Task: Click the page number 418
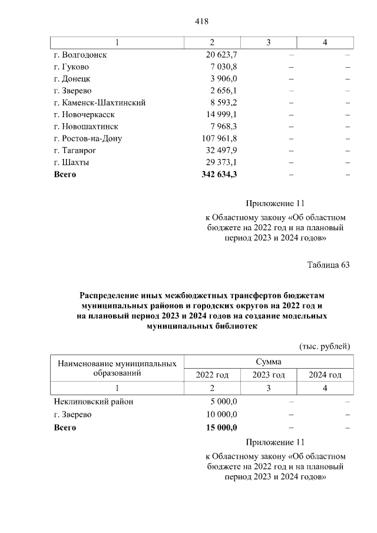202,22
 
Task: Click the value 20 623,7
219,54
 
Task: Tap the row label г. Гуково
71,67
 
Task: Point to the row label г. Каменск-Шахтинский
100,102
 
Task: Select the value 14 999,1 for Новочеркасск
219,114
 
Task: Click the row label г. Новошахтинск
86,126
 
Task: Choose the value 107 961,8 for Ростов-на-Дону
217,138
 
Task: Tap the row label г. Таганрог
74,150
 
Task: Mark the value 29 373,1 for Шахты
219,162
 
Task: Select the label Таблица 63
328,264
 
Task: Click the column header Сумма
268,362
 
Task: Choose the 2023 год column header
269,375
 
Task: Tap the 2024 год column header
325,375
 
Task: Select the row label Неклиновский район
93,402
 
